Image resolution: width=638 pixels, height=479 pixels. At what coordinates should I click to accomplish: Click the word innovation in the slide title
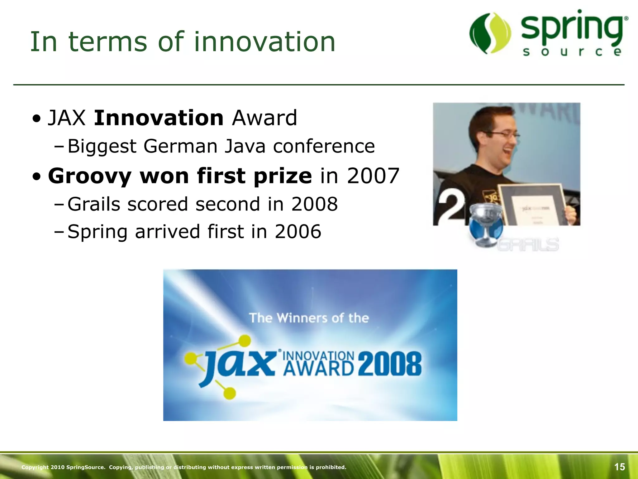(x=265, y=42)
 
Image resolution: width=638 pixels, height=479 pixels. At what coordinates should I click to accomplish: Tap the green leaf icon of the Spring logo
(x=490, y=33)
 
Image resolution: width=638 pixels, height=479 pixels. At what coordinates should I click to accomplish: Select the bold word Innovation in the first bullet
(x=159, y=118)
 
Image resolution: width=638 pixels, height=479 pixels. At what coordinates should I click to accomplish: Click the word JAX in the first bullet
(x=66, y=118)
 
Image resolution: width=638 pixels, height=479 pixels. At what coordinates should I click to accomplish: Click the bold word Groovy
(x=89, y=176)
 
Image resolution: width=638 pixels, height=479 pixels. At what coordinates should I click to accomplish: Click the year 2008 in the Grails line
(x=314, y=204)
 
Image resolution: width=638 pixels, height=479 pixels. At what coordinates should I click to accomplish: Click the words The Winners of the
(x=309, y=318)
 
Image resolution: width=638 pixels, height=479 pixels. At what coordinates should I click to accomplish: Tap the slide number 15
(x=619, y=467)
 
